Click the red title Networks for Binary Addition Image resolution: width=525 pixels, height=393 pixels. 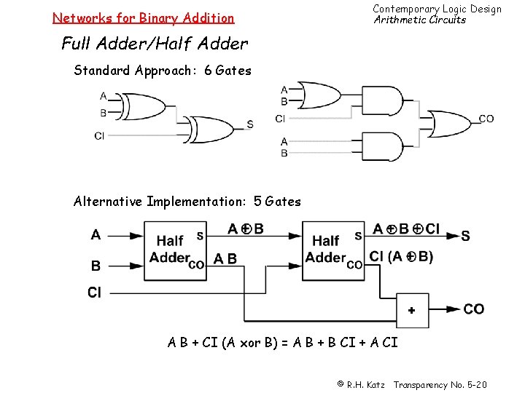coord(143,18)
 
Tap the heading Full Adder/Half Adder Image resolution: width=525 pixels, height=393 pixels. coord(155,44)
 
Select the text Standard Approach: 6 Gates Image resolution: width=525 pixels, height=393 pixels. coord(163,71)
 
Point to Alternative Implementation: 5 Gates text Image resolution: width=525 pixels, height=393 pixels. coord(187,202)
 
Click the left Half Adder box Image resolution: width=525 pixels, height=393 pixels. coord(176,250)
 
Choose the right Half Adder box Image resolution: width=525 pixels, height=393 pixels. coord(332,250)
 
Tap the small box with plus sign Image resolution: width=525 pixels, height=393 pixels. coord(412,310)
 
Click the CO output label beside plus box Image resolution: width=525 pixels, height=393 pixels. coord(473,309)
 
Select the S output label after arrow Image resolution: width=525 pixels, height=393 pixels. coord(465,236)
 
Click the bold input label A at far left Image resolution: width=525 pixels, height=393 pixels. coord(96,235)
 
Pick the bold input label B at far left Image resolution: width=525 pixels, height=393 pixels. coord(96,266)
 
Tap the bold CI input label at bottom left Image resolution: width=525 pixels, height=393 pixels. coord(95,293)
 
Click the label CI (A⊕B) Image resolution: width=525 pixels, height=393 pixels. coord(401,256)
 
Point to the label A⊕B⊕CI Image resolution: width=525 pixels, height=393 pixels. coord(405,229)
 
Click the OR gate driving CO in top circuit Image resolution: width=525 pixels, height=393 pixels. coord(449,123)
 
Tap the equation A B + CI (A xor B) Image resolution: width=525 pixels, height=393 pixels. coord(283,342)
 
